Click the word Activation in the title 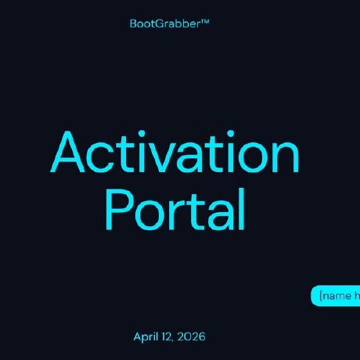tap(176, 154)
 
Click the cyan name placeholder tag tap(337, 296)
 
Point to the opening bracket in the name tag tap(322, 296)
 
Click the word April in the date tap(147, 337)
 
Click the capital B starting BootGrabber tap(132, 23)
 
